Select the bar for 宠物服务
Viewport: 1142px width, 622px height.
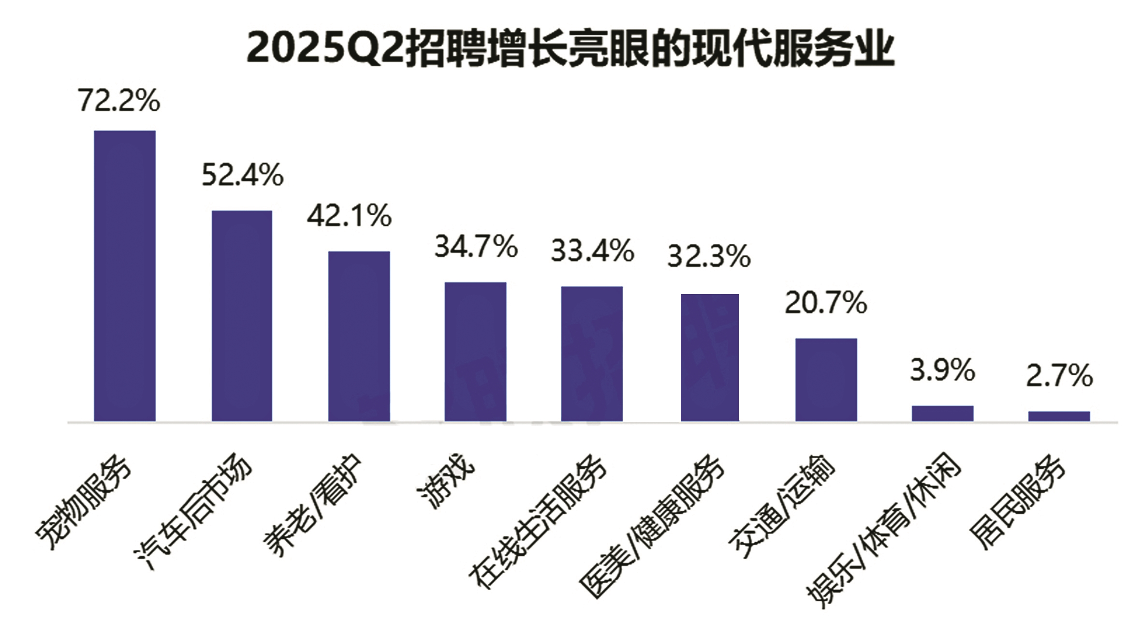point(125,276)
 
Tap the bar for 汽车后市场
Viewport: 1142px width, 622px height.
point(242,316)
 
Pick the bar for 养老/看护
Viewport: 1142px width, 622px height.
point(359,336)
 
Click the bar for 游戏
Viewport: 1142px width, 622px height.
point(475,352)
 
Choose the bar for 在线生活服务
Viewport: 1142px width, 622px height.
point(592,354)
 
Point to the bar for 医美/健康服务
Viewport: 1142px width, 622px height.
point(709,357)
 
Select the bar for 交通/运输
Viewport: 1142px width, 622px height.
point(826,380)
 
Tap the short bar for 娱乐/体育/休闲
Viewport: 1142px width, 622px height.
point(942,414)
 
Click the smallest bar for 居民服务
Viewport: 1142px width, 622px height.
point(1059,416)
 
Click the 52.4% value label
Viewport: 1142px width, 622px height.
point(242,175)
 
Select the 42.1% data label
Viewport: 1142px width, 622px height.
point(349,216)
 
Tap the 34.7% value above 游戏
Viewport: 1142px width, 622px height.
point(476,247)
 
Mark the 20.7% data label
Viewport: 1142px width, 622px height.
point(826,303)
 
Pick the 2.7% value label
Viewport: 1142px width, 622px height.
point(1059,376)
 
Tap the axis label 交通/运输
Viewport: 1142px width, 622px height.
point(782,505)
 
